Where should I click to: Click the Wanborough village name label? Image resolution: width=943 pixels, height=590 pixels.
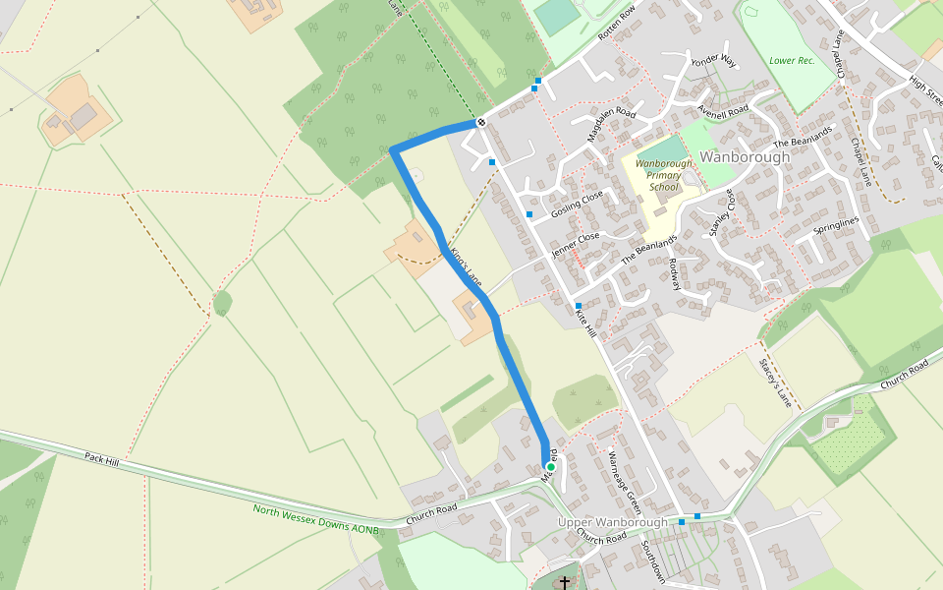click(746, 157)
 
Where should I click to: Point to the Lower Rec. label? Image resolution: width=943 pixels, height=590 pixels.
click(793, 61)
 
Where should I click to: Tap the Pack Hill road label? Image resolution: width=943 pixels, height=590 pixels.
click(101, 458)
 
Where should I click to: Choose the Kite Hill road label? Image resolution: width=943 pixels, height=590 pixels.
click(585, 322)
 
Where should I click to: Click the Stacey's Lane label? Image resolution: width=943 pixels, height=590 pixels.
click(775, 383)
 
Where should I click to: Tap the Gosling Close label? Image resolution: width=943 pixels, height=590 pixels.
click(577, 206)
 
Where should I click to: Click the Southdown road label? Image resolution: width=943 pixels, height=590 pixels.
click(653, 561)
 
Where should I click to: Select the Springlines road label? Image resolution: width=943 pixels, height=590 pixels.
click(836, 227)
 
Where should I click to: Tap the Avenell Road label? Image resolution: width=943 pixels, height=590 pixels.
click(723, 108)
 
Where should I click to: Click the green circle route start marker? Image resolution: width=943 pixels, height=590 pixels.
click(550, 467)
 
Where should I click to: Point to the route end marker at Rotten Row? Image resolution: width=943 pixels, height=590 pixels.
click(481, 122)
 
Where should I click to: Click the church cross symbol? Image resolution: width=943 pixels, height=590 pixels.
click(564, 582)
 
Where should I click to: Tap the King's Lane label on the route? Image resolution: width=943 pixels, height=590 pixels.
click(467, 266)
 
